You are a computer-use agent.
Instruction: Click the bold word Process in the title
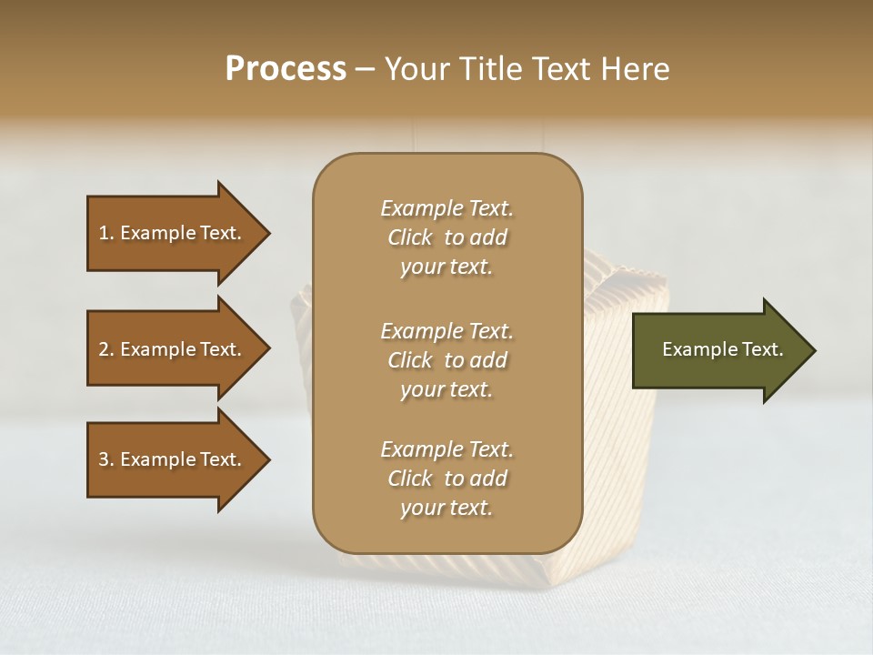coord(286,69)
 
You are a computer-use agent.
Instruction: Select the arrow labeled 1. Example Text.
coord(172,233)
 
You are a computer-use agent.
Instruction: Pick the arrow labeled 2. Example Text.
coord(172,349)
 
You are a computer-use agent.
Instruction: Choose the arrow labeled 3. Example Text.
coord(172,459)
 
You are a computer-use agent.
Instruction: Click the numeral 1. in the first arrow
coord(106,233)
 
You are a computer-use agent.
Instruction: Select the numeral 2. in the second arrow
coord(106,349)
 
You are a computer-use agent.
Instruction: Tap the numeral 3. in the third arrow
coord(106,459)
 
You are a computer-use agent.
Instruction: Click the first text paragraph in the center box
coord(447,237)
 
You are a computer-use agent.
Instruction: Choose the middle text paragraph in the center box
coord(447,360)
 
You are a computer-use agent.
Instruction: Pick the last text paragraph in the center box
coord(447,479)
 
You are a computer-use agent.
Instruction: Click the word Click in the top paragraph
coord(410,237)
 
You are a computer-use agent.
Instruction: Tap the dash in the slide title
coord(366,69)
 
